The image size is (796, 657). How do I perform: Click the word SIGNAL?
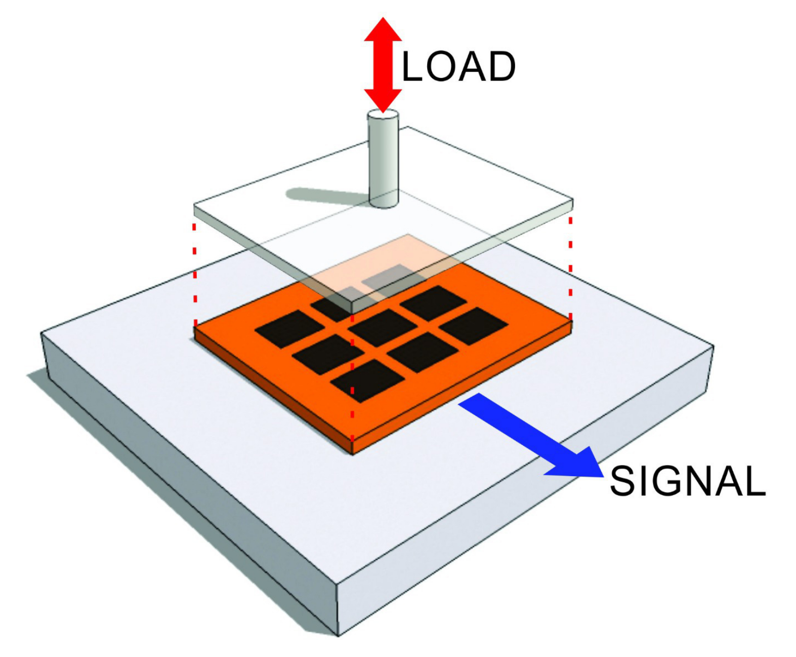pos(687,481)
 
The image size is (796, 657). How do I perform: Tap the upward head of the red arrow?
pos(383,30)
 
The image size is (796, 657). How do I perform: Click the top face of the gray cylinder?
pos(383,117)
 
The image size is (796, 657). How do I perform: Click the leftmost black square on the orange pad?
pos(289,329)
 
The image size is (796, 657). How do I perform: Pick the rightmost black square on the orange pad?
pos(473,326)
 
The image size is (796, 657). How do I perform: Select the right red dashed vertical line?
pos(570,268)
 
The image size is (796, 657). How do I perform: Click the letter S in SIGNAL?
pos(622,481)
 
